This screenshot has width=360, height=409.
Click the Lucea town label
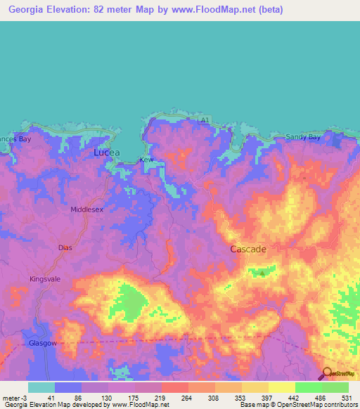(x=107, y=152)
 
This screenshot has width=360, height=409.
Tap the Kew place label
(x=146, y=160)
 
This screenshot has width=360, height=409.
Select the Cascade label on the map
(x=247, y=249)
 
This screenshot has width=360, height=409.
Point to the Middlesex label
(x=87, y=209)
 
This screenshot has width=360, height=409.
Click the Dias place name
(x=65, y=247)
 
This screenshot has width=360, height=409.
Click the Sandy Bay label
(x=303, y=138)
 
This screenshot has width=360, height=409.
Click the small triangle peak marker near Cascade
(x=262, y=273)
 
